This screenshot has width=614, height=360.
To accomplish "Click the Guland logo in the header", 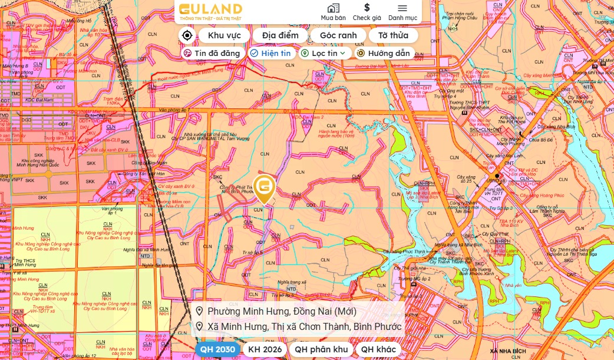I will pos(210,12).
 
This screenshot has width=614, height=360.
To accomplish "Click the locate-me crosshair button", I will pos(187,35).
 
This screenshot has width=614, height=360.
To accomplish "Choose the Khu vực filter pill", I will pos(225,35).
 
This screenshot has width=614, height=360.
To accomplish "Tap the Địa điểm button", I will pos(280,35).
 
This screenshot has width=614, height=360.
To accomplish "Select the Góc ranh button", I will pos(338,35).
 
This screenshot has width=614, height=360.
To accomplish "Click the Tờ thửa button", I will pos(393,35).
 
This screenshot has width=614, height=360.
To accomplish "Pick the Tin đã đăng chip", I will pos(212,53).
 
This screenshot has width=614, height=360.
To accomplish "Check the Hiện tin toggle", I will pos(270,53).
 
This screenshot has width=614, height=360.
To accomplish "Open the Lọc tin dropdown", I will pos(325,53).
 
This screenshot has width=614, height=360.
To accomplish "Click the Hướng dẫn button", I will pos(383,53).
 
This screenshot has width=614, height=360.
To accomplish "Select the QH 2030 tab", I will pos(217,349).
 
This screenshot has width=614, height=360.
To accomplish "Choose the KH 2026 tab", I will pos(265,349).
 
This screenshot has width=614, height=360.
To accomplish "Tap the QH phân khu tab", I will pos(321,349).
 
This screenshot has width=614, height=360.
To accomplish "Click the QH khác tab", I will pos(378,349).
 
